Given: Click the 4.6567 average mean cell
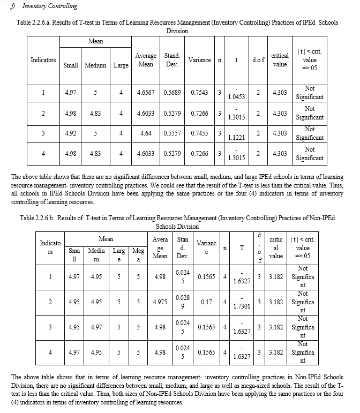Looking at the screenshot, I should point(146,93).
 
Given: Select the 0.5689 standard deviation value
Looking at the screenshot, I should point(172,93).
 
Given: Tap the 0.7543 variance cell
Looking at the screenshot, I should point(200,93).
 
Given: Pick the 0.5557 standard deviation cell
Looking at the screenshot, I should point(172,133).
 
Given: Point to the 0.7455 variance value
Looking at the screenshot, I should point(200,133).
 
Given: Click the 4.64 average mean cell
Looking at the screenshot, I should point(146,133).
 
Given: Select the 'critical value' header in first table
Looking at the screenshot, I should point(280,60).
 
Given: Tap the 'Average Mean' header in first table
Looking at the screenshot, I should point(146,60).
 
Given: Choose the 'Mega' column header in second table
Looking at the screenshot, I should point(138,254).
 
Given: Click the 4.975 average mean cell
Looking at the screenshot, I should point(160,302).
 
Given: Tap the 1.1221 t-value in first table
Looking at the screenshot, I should point(236,138).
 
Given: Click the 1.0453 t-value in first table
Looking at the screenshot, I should point(236,97).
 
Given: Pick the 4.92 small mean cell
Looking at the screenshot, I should point(70,133).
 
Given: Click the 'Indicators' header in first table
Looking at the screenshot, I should point(43,60).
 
